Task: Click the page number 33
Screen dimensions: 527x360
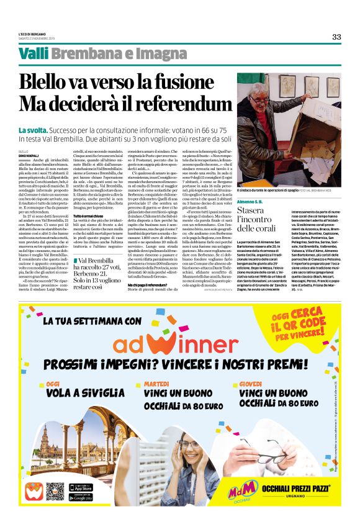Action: (x=336, y=37)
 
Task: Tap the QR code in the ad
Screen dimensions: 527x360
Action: (x=55, y=491)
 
